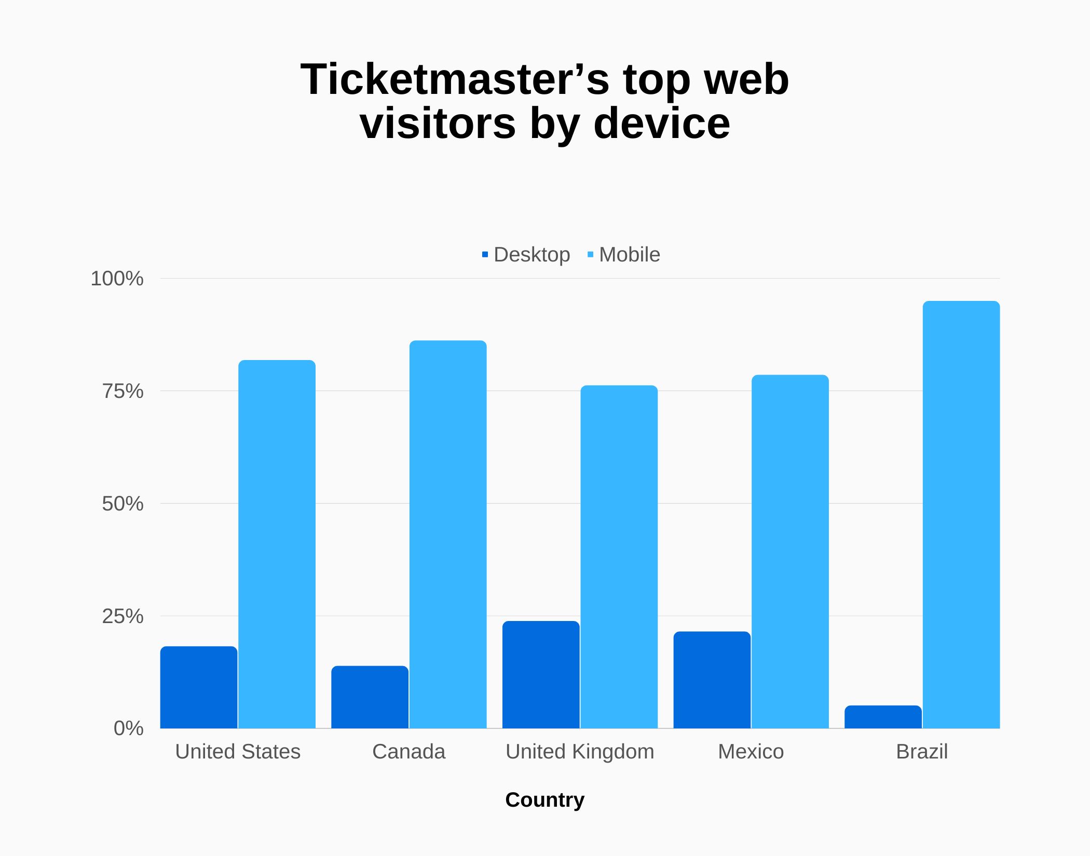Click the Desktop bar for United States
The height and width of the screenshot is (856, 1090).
(x=199, y=687)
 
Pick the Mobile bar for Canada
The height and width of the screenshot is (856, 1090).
(x=448, y=534)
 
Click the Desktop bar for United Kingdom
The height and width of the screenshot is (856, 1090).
(x=541, y=674)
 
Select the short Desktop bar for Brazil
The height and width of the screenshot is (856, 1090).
(x=883, y=716)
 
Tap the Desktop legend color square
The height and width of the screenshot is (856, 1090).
(x=485, y=254)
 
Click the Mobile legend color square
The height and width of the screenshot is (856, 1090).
(x=590, y=254)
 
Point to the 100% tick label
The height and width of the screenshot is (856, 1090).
(x=117, y=279)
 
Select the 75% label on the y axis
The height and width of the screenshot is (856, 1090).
(x=122, y=391)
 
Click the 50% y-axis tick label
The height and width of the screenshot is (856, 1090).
(x=122, y=504)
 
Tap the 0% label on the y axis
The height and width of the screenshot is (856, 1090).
(x=128, y=728)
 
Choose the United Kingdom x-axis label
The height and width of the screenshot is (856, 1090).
(x=580, y=751)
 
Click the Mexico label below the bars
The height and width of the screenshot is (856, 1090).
(x=751, y=751)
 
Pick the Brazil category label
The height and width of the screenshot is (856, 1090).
(x=922, y=751)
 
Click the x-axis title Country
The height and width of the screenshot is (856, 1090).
(x=544, y=799)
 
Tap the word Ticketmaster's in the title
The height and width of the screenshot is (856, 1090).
(x=455, y=79)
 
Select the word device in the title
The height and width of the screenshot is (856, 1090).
(x=661, y=123)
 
